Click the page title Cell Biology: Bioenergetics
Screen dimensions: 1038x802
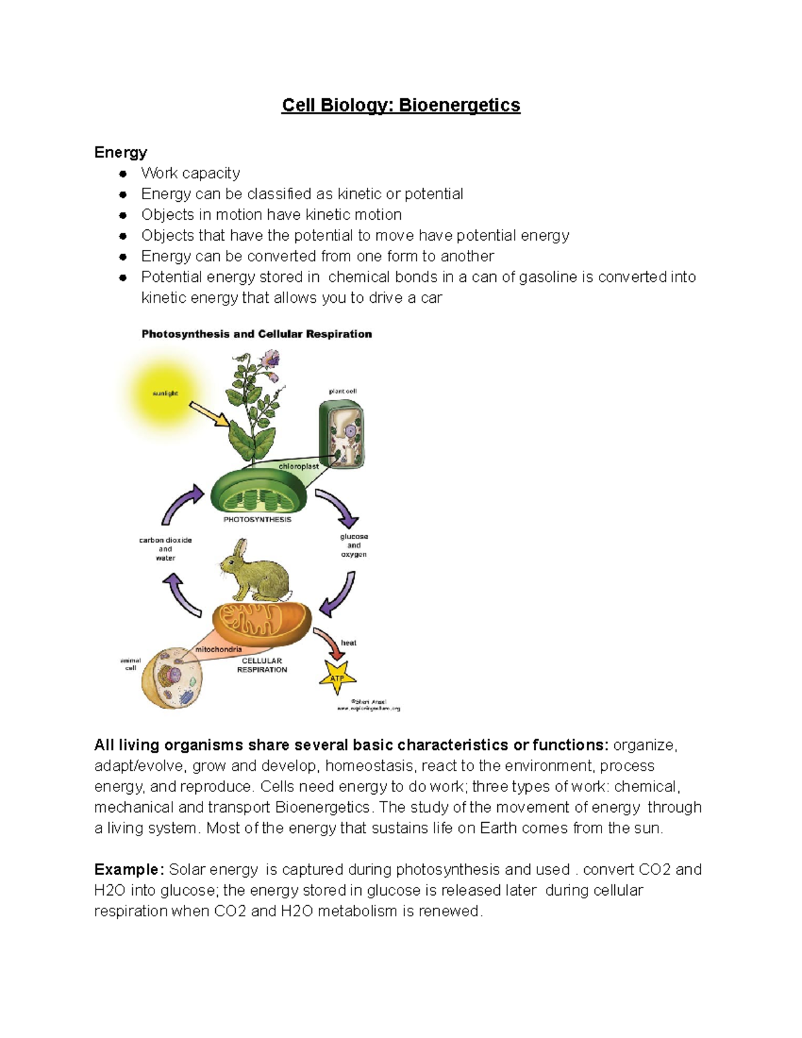pyautogui.click(x=400, y=106)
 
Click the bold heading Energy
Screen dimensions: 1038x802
pyautogui.click(x=120, y=152)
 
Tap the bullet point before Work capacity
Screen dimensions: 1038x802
pyautogui.click(x=123, y=174)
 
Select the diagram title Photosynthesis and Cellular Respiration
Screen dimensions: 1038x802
pyautogui.click(x=257, y=334)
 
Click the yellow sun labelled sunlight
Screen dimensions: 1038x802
pyautogui.click(x=164, y=394)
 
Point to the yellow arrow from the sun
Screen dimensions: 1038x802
pyautogui.click(x=209, y=414)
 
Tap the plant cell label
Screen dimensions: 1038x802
pyautogui.click(x=342, y=391)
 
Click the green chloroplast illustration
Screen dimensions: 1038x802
pyautogui.click(x=259, y=493)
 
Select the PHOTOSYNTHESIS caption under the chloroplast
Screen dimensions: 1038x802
pyautogui.click(x=257, y=519)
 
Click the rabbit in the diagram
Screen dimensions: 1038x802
pyautogui.click(x=255, y=571)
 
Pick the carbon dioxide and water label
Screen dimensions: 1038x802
pyautogui.click(x=165, y=549)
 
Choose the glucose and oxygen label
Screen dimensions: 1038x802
pyautogui.click(x=354, y=545)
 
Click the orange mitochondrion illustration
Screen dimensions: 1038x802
pyautogui.click(x=262, y=621)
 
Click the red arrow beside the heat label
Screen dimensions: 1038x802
pyautogui.click(x=329, y=642)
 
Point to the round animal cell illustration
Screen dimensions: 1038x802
pyautogui.click(x=173, y=678)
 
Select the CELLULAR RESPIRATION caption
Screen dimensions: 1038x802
pyautogui.click(x=262, y=665)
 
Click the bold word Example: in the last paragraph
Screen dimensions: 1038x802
pyautogui.click(x=129, y=870)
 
